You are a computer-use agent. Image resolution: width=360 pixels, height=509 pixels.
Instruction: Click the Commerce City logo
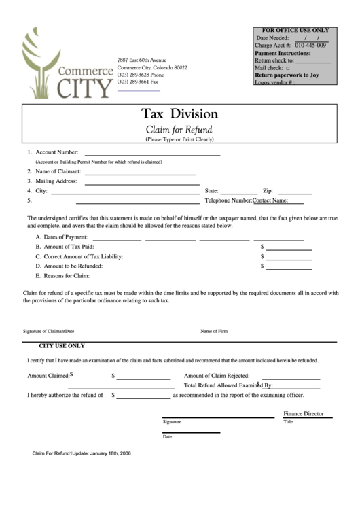tap(66, 65)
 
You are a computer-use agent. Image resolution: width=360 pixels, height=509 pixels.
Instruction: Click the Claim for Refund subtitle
tap(179, 129)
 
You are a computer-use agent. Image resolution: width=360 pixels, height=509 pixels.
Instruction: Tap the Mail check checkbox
tap(288, 69)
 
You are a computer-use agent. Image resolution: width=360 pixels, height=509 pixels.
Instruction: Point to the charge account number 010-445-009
tap(310, 46)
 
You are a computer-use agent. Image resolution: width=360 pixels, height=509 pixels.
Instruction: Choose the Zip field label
tap(268, 191)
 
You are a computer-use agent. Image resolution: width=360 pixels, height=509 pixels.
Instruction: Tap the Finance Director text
tap(303, 413)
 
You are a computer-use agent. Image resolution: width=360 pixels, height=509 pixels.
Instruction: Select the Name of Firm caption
tap(213, 331)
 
